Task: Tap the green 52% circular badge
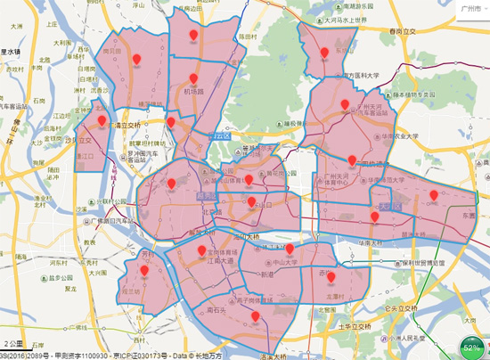point(471,347)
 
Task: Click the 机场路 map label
point(193,92)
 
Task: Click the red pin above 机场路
point(192,78)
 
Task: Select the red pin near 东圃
point(434,194)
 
